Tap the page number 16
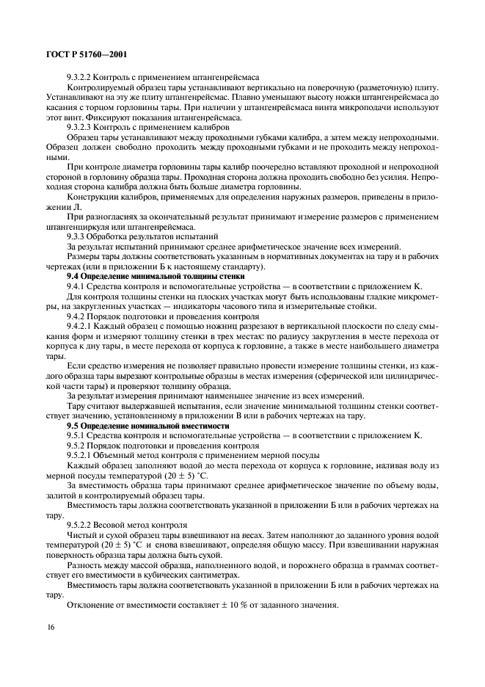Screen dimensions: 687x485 point(51,627)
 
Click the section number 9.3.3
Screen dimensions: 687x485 point(78,236)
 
